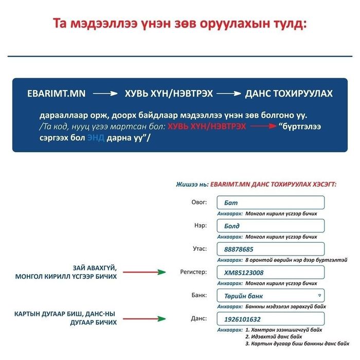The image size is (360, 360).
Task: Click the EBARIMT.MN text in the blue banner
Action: pyautogui.click(x=57, y=94)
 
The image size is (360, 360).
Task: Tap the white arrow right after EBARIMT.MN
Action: pyautogui.click(x=105, y=94)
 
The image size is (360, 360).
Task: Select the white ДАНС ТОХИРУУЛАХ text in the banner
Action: pyautogui.click(x=289, y=94)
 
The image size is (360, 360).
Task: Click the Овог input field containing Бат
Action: pyautogui.click(x=271, y=203)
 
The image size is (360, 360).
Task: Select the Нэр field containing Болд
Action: pyautogui.click(x=271, y=226)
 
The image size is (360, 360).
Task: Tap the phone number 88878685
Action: pyautogui.click(x=239, y=249)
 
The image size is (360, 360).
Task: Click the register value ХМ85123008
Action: pyautogui.click(x=244, y=273)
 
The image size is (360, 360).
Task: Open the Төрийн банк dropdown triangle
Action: pyautogui.click(x=319, y=296)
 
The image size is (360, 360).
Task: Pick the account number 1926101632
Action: pyautogui.click(x=242, y=319)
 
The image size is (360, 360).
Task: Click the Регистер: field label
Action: pyautogui.click(x=193, y=272)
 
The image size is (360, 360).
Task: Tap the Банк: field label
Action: pyautogui.click(x=199, y=295)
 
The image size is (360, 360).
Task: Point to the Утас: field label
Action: pyautogui.click(x=199, y=248)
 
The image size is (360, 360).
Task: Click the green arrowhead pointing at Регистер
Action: pyautogui.click(x=162, y=272)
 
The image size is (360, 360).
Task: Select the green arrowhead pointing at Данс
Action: pyautogui.click(x=162, y=318)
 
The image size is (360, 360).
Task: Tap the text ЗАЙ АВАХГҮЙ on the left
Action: pyautogui.click(x=95, y=268)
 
